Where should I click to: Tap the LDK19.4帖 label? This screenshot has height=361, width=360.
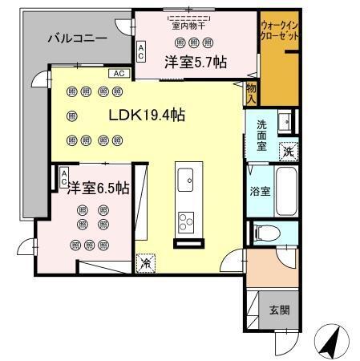pos(148,116)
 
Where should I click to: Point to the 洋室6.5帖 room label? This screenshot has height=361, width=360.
pos(98,189)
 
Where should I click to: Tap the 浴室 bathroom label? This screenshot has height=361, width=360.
pos(259,192)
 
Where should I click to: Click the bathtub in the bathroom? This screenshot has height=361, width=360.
pos(285,192)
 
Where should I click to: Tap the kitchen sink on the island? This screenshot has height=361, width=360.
pos(186,179)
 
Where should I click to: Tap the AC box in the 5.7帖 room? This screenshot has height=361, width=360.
pos(142,52)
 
